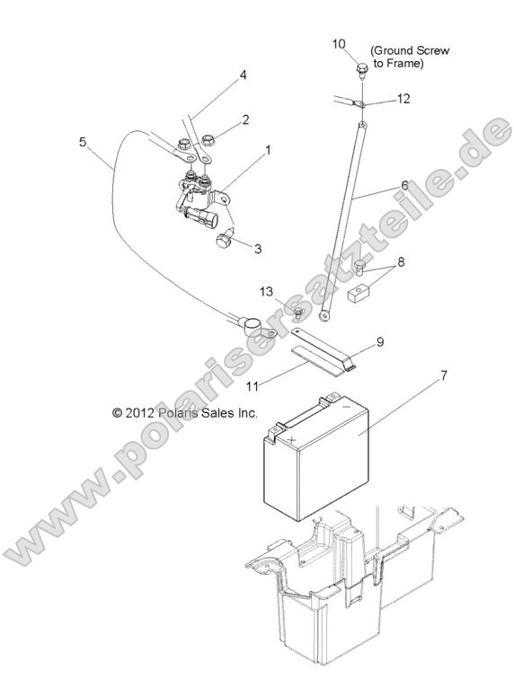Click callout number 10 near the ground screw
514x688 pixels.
pos(339,44)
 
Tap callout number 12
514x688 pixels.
pos(403,99)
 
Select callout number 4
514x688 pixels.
pos(243,75)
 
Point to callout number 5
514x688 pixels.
pos(83,142)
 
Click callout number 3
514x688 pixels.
pos(258,249)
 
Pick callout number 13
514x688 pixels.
pos(266,291)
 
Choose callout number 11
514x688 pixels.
pos(252,386)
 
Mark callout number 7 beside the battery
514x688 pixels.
pos(444,376)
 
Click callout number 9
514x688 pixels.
pos(380,342)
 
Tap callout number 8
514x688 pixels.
pos(401,262)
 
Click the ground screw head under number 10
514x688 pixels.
pos(362,68)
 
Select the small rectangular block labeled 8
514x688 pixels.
pos(359,295)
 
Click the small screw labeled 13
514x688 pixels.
pos(298,312)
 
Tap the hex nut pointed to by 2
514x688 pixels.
pos(209,140)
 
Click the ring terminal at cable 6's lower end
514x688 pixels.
pos(323,315)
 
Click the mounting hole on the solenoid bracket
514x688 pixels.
pos(224,200)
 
